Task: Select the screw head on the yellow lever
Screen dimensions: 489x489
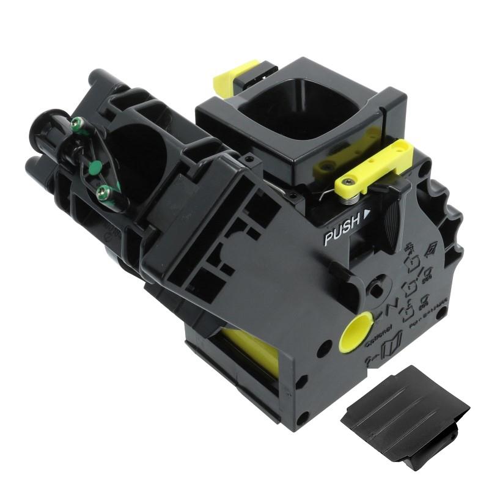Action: click(347, 182)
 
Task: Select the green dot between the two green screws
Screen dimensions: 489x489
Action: click(94, 166)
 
